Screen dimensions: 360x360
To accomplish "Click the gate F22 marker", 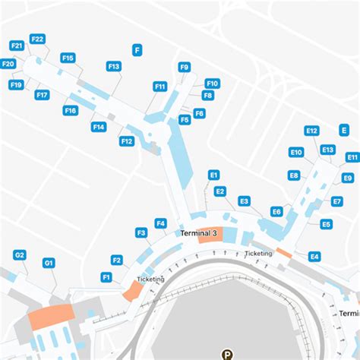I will coord(37,39).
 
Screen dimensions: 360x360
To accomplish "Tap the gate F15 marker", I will coord(68,58).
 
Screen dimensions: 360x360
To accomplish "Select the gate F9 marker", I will coord(184,67).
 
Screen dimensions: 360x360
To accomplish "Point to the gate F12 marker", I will coord(127,141).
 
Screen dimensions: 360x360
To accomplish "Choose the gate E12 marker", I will coord(311,131).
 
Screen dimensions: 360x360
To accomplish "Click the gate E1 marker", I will coord(213,175).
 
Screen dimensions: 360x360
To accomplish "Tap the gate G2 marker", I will coord(20,255).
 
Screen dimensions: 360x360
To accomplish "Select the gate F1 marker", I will coord(107,277).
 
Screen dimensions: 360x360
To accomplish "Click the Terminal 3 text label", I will coord(198,232).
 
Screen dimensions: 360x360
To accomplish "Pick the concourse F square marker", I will coord(137,50).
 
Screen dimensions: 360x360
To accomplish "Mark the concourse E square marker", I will coord(344,131).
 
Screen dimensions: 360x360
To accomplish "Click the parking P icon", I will coord(226,353).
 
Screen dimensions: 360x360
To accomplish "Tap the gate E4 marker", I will coord(314,257).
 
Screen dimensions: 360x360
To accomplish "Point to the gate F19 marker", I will coord(16,85).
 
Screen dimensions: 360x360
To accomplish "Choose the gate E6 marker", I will coord(276,212).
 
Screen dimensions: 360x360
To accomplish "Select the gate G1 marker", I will coord(49,264).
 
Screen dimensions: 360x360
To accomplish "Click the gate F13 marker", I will coord(114,67).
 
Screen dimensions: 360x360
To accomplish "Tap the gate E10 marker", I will coord(296,153).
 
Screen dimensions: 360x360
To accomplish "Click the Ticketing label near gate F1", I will coord(150,279).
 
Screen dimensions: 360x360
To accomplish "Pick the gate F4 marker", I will coord(160,223).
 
